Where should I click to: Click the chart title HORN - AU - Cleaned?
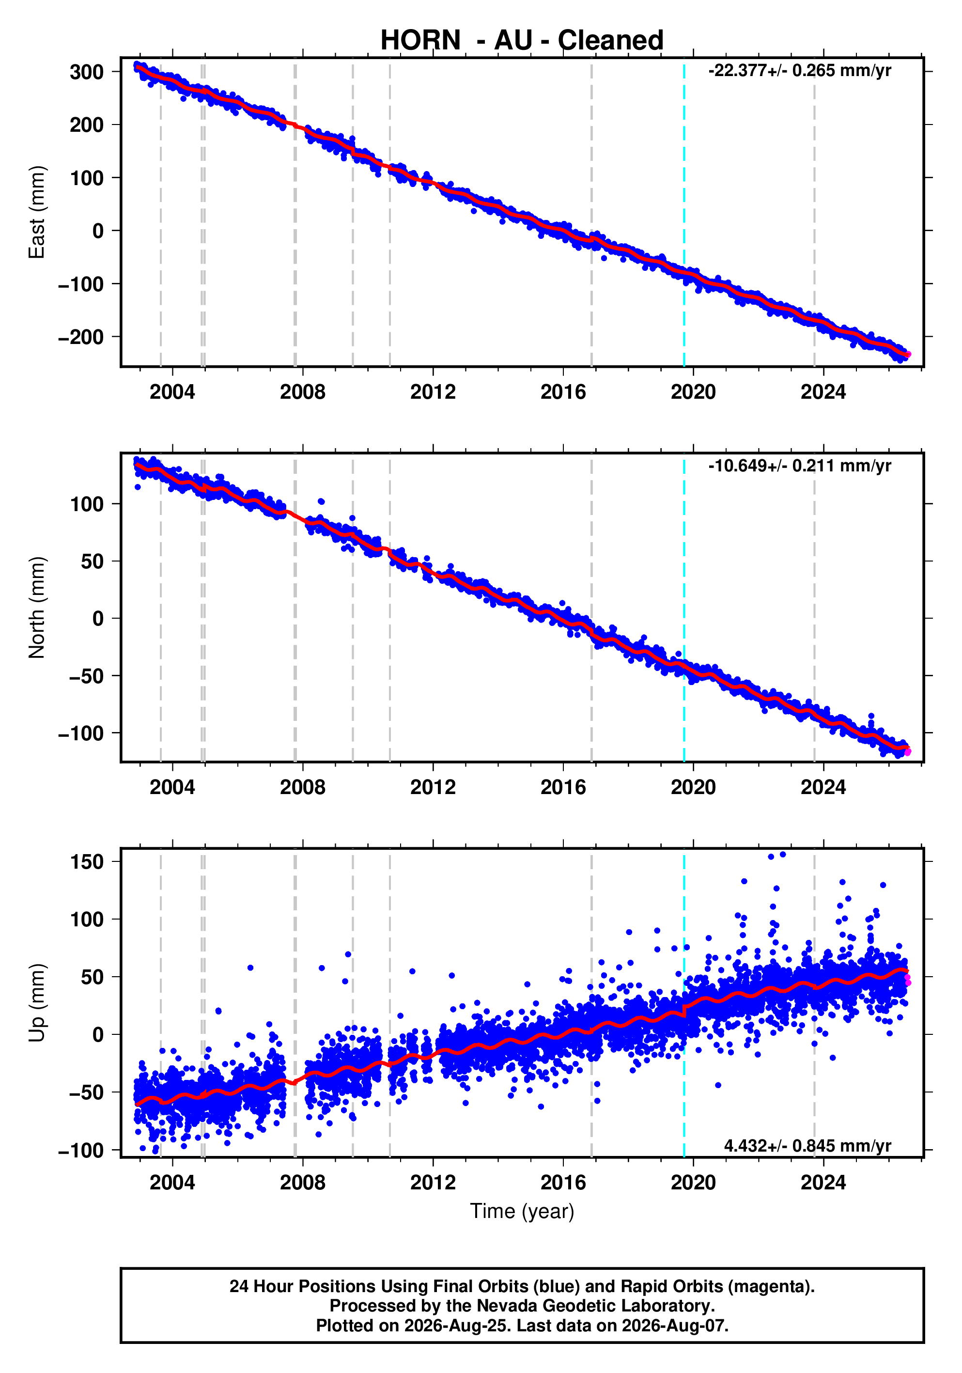522,41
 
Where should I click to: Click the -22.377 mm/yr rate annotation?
799,71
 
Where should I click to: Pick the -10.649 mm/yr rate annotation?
799,466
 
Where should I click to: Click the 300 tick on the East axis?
87,72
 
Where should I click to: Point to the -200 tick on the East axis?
81,337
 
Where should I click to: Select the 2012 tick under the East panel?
433,392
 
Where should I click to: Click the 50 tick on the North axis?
93,562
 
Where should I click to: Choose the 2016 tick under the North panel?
563,788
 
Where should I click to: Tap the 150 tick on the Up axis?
87,862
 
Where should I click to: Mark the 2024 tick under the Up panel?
823,1183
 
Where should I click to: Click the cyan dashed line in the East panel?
684,212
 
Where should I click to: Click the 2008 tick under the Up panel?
303,1183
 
